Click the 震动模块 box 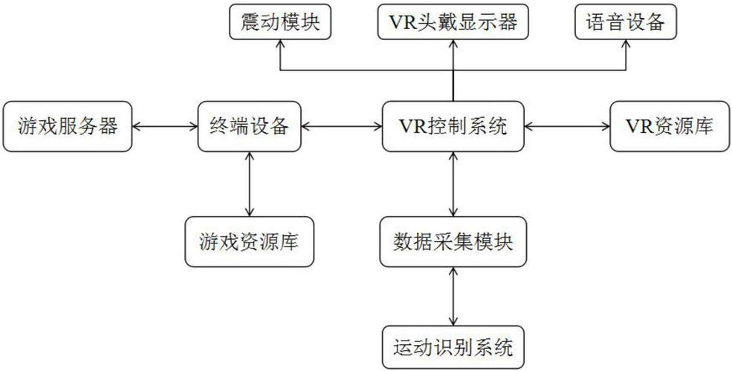279,22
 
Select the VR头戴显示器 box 453,22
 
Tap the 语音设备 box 626,22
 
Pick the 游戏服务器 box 68,126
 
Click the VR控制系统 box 453,126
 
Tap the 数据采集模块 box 453,241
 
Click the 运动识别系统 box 453,347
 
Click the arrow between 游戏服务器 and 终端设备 164,127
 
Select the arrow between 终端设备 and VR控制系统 341,127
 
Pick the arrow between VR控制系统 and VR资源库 567,127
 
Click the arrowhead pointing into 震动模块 279,45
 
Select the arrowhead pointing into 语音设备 626,45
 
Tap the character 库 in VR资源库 701,126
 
